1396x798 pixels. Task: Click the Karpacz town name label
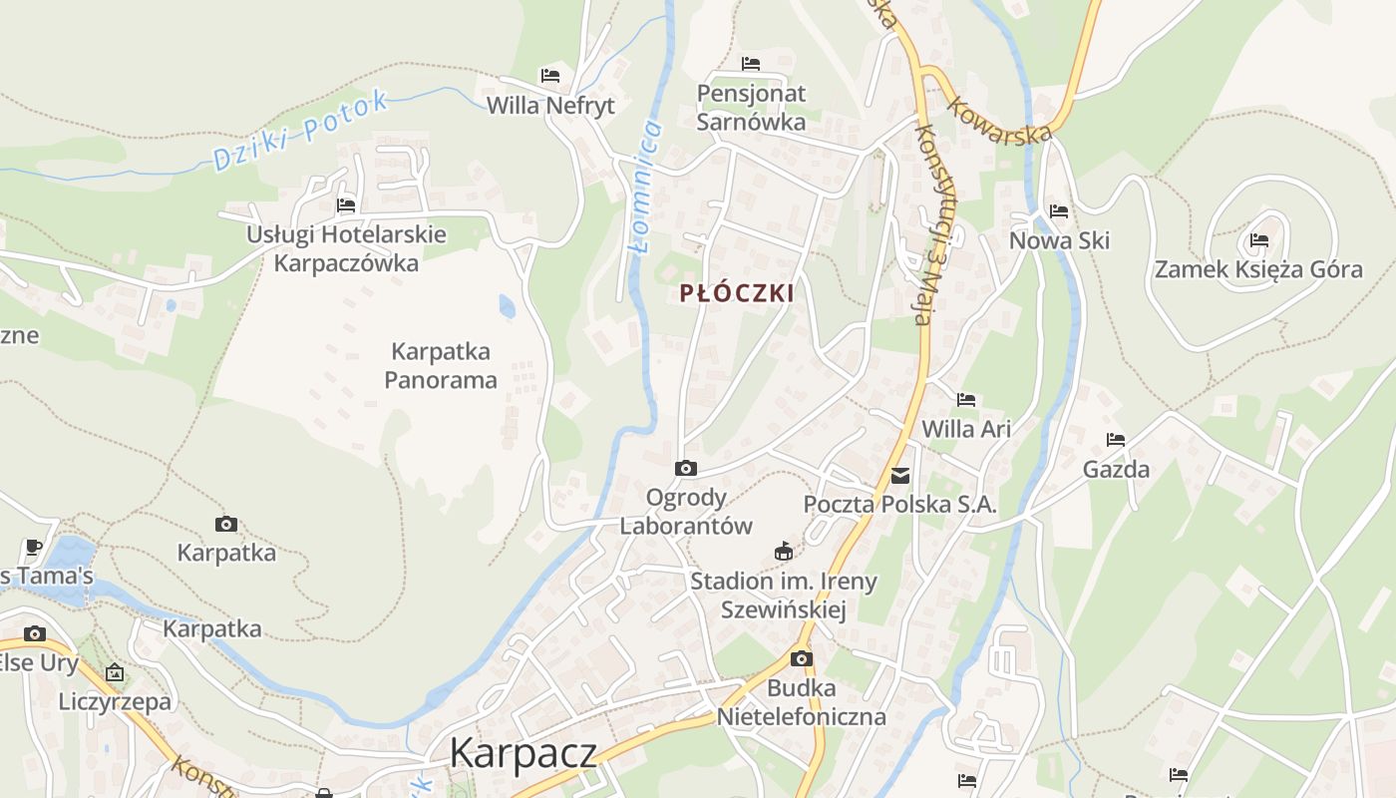pyautogui.click(x=523, y=752)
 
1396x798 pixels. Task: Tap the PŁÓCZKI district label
pyautogui.click(x=737, y=293)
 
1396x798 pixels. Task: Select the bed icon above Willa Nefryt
pyautogui.click(x=550, y=76)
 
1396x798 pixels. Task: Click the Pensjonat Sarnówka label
pyautogui.click(x=751, y=108)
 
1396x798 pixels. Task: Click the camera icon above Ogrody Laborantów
pyautogui.click(x=686, y=468)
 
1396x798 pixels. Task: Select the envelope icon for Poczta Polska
pyautogui.click(x=900, y=476)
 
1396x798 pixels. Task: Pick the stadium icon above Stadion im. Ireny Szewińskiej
pyautogui.click(x=784, y=551)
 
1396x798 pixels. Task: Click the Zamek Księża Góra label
pyautogui.click(x=1258, y=269)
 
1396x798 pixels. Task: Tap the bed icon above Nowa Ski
pyautogui.click(x=1059, y=211)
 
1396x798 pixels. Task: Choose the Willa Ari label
pyautogui.click(x=966, y=429)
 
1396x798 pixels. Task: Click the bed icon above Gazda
pyautogui.click(x=1116, y=440)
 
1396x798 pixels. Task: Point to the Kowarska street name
pyautogui.click(x=999, y=120)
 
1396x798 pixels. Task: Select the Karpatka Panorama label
pyautogui.click(x=441, y=366)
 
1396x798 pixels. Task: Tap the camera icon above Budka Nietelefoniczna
pyautogui.click(x=801, y=659)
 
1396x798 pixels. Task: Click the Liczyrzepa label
pyautogui.click(x=115, y=701)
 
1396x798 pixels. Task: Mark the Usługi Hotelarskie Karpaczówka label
pyautogui.click(x=346, y=249)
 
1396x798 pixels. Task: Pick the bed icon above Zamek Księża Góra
pyautogui.click(x=1258, y=240)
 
